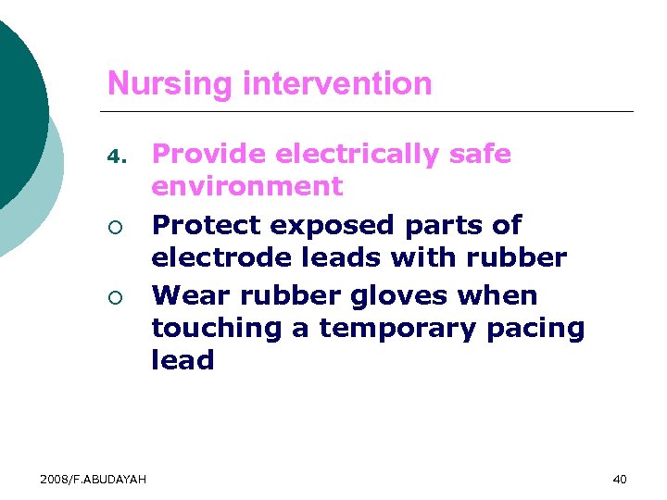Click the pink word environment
point(246,186)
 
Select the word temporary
point(403,328)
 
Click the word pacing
point(540,328)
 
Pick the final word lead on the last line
point(182,360)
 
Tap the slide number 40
point(620,479)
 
